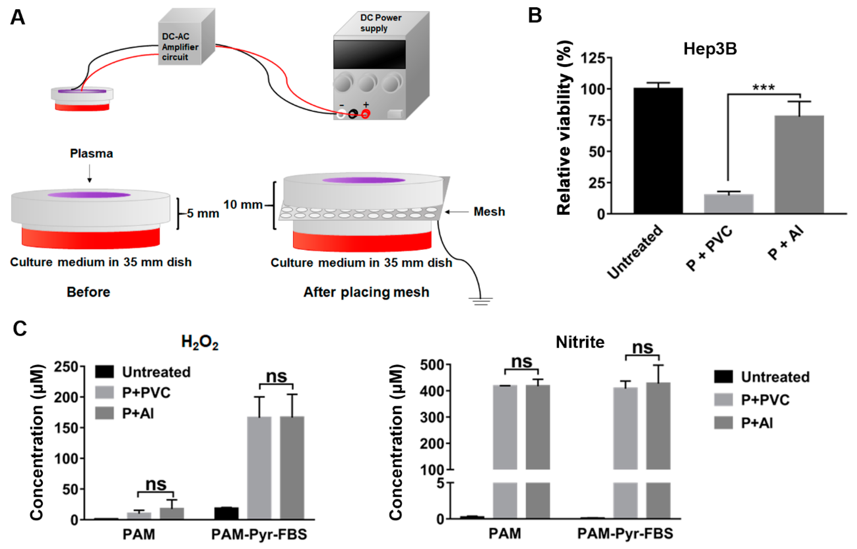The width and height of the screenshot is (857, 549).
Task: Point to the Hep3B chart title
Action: pyautogui.click(x=710, y=49)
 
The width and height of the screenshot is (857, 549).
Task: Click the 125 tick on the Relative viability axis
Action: pyautogui.click(x=593, y=58)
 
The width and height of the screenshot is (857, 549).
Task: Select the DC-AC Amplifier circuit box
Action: pyautogui.click(x=180, y=46)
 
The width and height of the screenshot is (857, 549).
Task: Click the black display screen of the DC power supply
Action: pyautogui.click(x=369, y=54)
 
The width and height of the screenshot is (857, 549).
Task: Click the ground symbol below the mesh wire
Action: pyautogui.click(x=481, y=301)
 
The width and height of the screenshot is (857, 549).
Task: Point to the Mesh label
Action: pyautogui.click(x=489, y=212)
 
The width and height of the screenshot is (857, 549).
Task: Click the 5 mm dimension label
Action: pyautogui.click(x=203, y=213)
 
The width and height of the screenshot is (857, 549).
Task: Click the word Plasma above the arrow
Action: pyautogui.click(x=91, y=153)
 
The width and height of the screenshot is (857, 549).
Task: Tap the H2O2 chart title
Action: pyautogui.click(x=200, y=342)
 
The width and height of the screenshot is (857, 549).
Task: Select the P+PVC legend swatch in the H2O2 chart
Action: pyautogui.click(x=104, y=392)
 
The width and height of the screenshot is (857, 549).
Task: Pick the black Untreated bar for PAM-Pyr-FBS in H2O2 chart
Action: pyautogui.click(x=226, y=513)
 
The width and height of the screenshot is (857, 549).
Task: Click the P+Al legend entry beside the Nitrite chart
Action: pyautogui.click(x=757, y=423)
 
